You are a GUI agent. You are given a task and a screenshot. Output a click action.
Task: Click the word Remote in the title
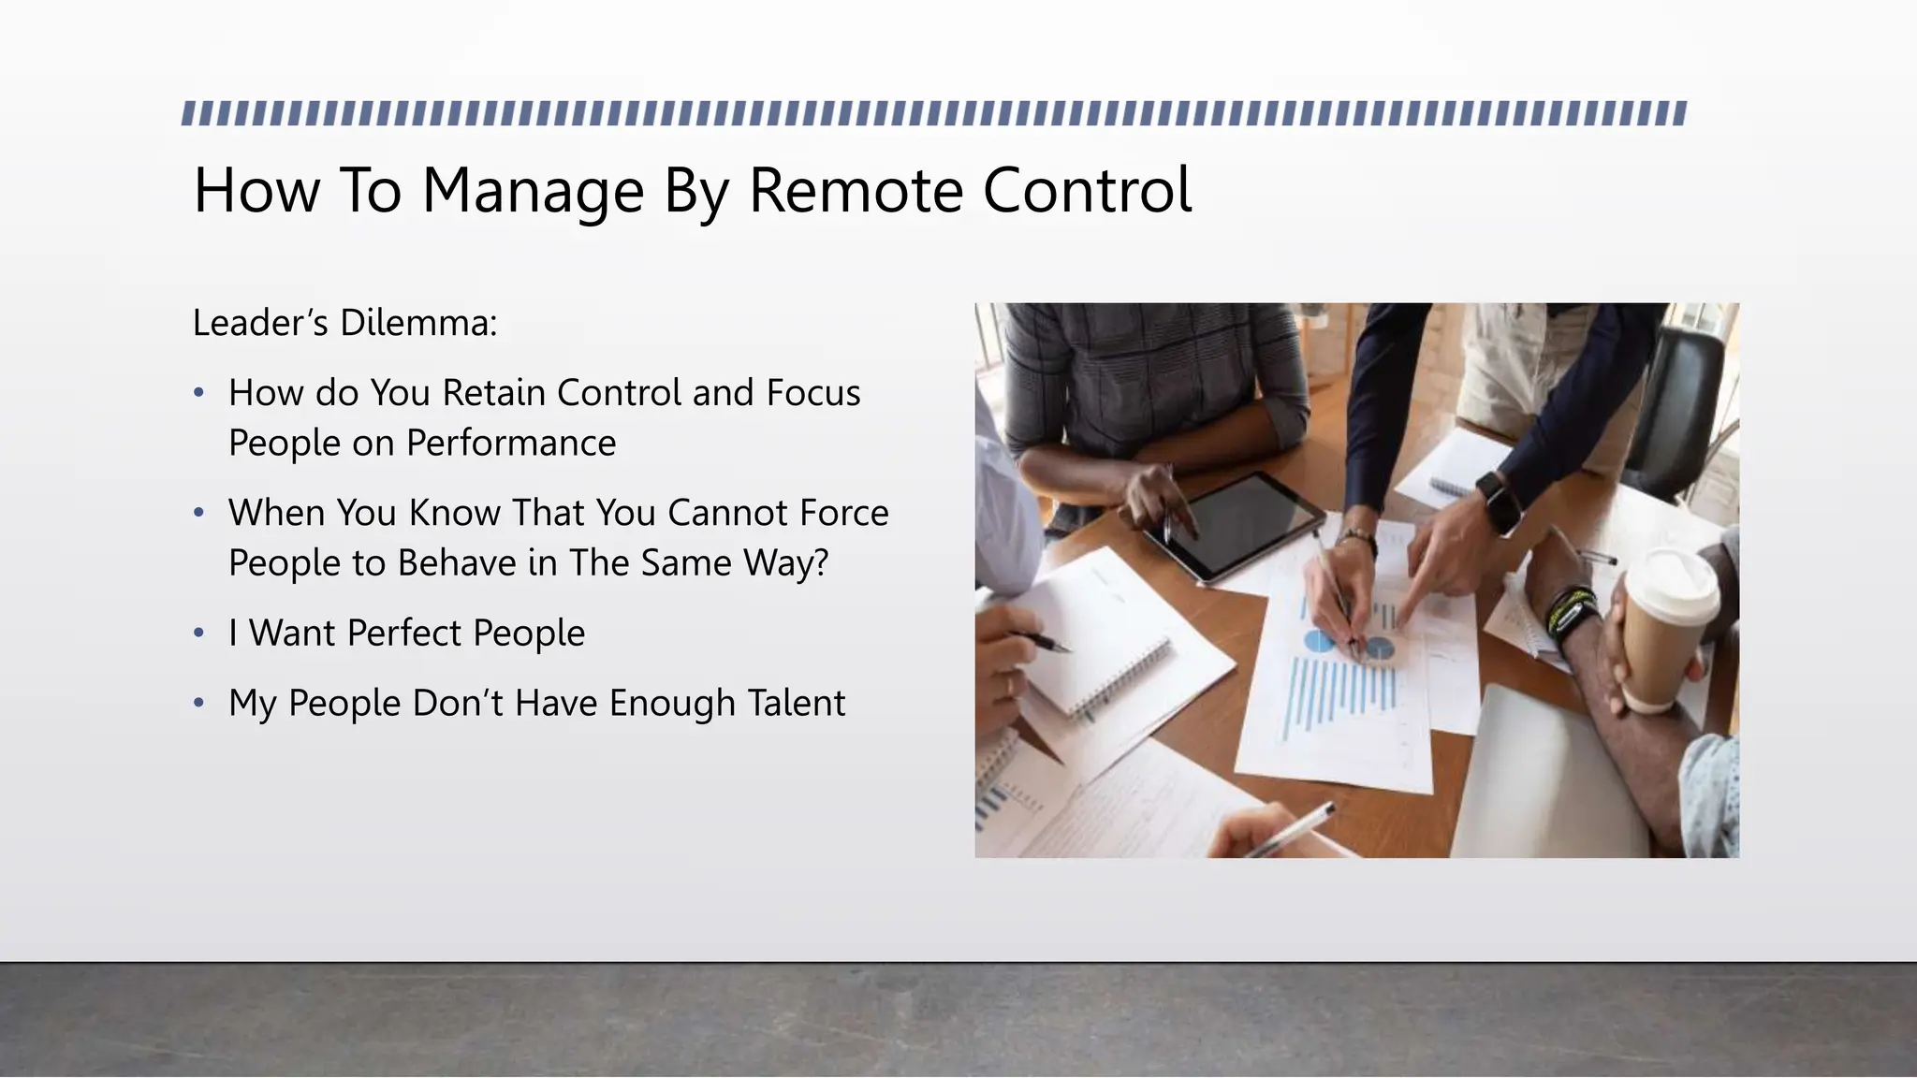point(856,191)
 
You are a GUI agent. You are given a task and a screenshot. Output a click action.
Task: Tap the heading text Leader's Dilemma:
point(344,323)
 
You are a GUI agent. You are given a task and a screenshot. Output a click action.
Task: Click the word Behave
point(457,563)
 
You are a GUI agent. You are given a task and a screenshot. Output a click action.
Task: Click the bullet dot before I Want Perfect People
point(198,634)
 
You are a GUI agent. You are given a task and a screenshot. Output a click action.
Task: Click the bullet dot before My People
point(198,703)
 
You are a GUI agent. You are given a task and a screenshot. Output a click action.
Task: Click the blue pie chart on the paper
point(1320,641)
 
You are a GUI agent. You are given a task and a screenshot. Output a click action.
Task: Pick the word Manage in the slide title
point(533,191)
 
